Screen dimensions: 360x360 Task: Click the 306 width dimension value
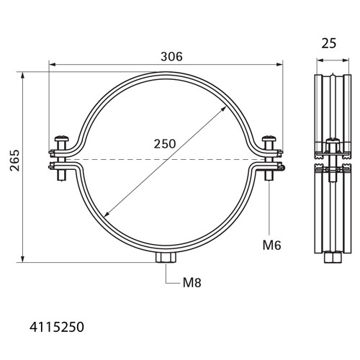pos(171,57)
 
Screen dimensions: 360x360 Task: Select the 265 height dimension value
pos(15,161)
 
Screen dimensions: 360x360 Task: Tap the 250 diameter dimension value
pos(165,144)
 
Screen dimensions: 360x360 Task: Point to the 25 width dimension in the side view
pos(329,43)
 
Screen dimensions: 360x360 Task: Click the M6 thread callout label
pos(271,246)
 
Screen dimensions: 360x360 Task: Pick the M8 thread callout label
pos(192,282)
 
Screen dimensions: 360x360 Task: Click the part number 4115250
pos(57,327)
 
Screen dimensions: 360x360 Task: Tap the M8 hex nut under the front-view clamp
pos(166,258)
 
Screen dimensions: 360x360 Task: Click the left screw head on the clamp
pos(62,138)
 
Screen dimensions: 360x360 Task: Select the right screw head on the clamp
pos(269,138)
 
